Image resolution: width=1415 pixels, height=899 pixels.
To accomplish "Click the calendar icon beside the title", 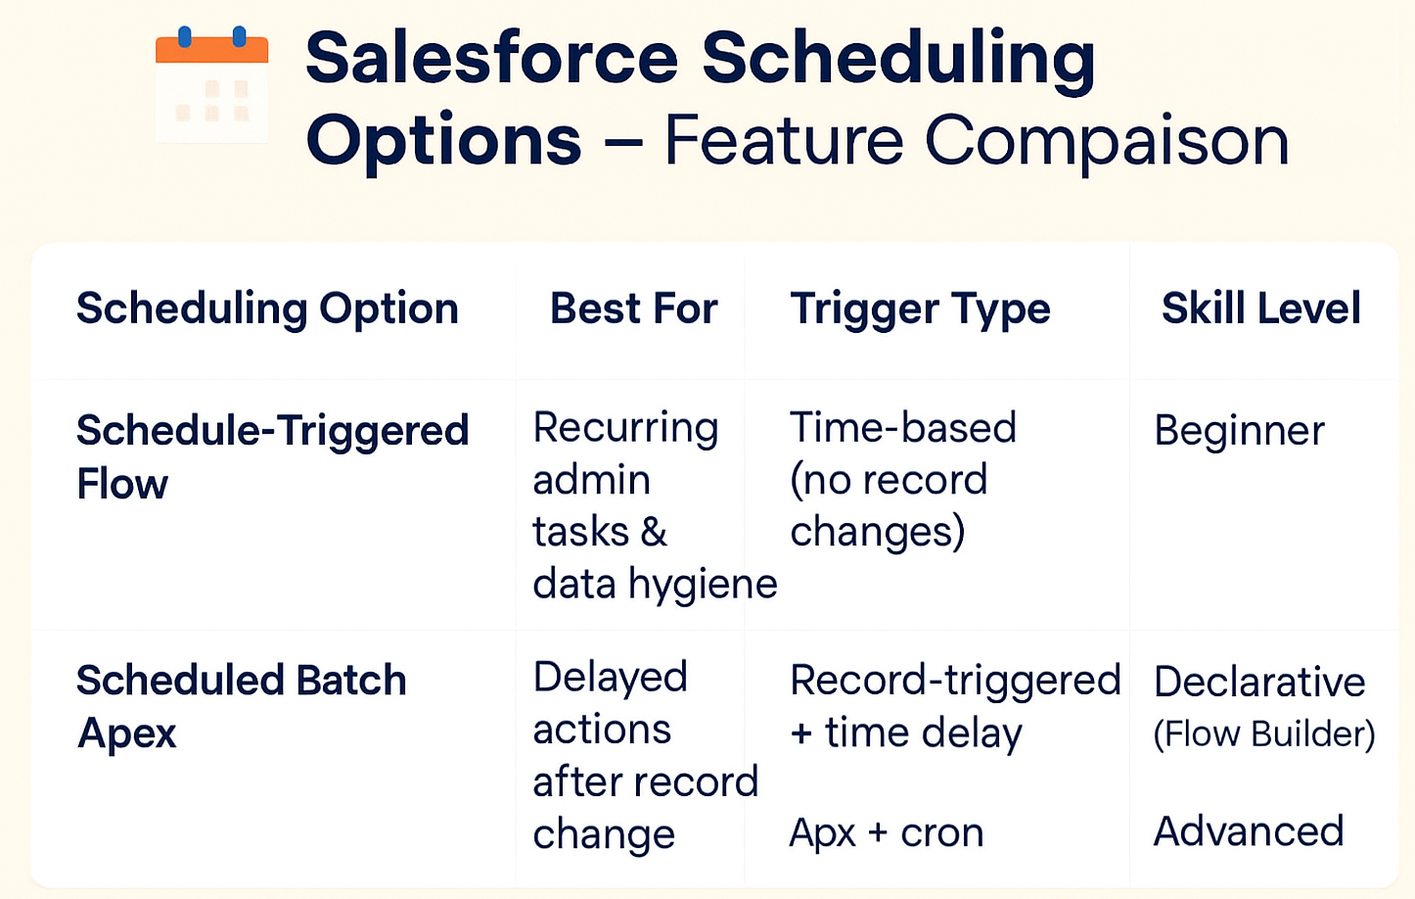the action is pyautogui.click(x=211, y=83).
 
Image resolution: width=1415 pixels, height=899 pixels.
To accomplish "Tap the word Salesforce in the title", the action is pyautogui.click(x=492, y=58).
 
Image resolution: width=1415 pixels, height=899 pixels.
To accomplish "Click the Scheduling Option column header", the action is pyautogui.click(x=267, y=309).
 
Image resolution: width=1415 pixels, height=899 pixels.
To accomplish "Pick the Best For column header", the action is pyautogui.click(x=633, y=308).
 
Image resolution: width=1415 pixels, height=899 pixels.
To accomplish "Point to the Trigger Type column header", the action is pyautogui.click(x=920, y=309).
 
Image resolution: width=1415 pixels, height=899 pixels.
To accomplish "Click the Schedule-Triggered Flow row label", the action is pyautogui.click(x=272, y=455).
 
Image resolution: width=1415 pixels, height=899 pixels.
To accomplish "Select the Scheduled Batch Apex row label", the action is pyautogui.click(x=242, y=706).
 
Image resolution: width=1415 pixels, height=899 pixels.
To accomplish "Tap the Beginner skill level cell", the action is pyautogui.click(x=1240, y=432).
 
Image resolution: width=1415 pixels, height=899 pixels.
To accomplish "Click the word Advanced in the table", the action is pyautogui.click(x=1249, y=830).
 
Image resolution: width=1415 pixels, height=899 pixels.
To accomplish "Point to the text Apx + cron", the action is pyautogui.click(x=887, y=833).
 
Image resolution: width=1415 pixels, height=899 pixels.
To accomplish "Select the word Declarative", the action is pyautogui.click(x=1259, y=683).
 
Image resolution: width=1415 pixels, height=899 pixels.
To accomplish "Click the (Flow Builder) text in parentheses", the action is pyautogui.click(x=1264, y=734).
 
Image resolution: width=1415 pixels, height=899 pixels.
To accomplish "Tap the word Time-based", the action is pyautogui.click(x=902, y=427).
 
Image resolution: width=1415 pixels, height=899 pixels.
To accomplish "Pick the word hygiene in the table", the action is pyautogui.click(x=703, y=585).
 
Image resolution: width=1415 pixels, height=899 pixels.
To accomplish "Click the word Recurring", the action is pyautogui.click(x=625, y=429).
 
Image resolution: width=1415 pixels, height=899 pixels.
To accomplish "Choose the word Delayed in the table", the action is pyautogui.click(x=611, y=678).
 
